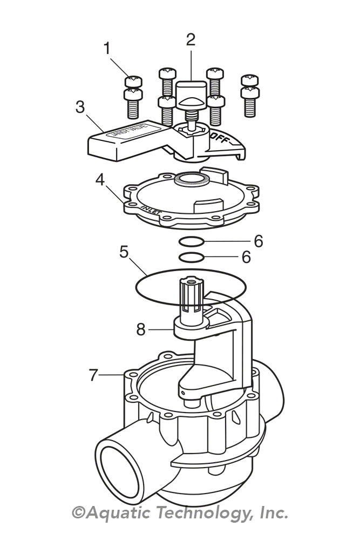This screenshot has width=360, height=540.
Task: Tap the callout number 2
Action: coord(190,39)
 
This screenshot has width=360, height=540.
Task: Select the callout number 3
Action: coord(80,107)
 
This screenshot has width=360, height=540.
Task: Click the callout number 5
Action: coord(124,252)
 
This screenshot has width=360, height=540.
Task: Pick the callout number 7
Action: coord(94,374)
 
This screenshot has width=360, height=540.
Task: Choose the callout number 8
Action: coord(141,329)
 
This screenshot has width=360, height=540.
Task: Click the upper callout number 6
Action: coord(259,241)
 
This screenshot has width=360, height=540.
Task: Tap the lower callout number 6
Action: coord(246,258)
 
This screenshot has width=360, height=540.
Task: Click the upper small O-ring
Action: coord(192,241)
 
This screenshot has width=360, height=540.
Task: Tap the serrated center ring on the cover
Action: coord(191,179)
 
